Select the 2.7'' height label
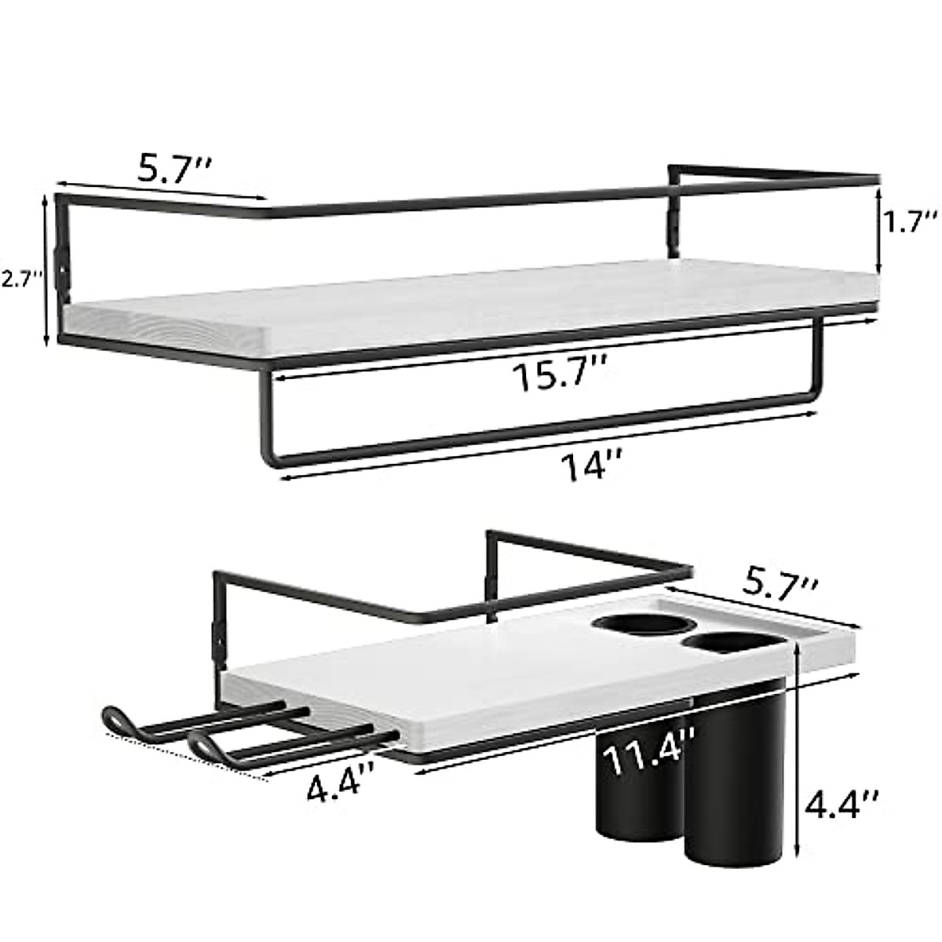21,279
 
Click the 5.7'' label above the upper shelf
173,170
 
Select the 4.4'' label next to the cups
846,802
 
